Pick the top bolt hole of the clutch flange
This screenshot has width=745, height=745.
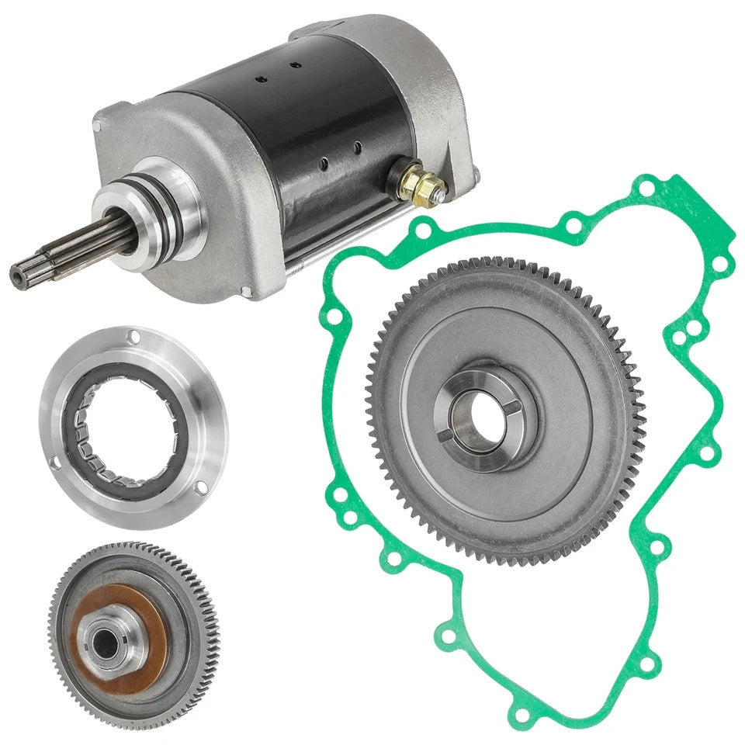[x=133, y=337]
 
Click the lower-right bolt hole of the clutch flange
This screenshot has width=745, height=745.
[x=201, y=487]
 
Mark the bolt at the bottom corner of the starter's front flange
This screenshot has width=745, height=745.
[x=247, y=292]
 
